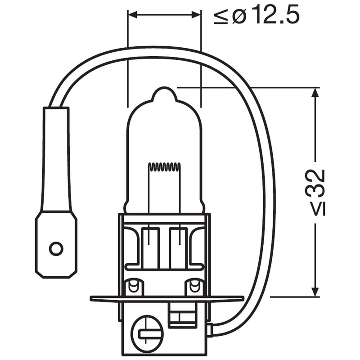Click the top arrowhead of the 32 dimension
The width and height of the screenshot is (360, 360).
[315, 91]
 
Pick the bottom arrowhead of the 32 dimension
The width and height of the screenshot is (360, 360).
[315, 292]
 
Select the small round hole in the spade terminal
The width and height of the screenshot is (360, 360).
[56, 248]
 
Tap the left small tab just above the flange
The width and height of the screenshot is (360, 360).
[133, 286]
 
